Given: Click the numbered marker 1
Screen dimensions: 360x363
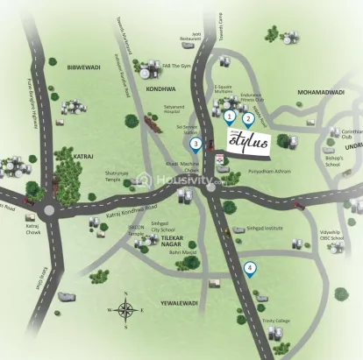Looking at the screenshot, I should click(229, 115).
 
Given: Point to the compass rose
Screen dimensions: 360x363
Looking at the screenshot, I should click(126, 309).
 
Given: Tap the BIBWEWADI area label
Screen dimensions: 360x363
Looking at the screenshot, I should click(85, 66).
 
